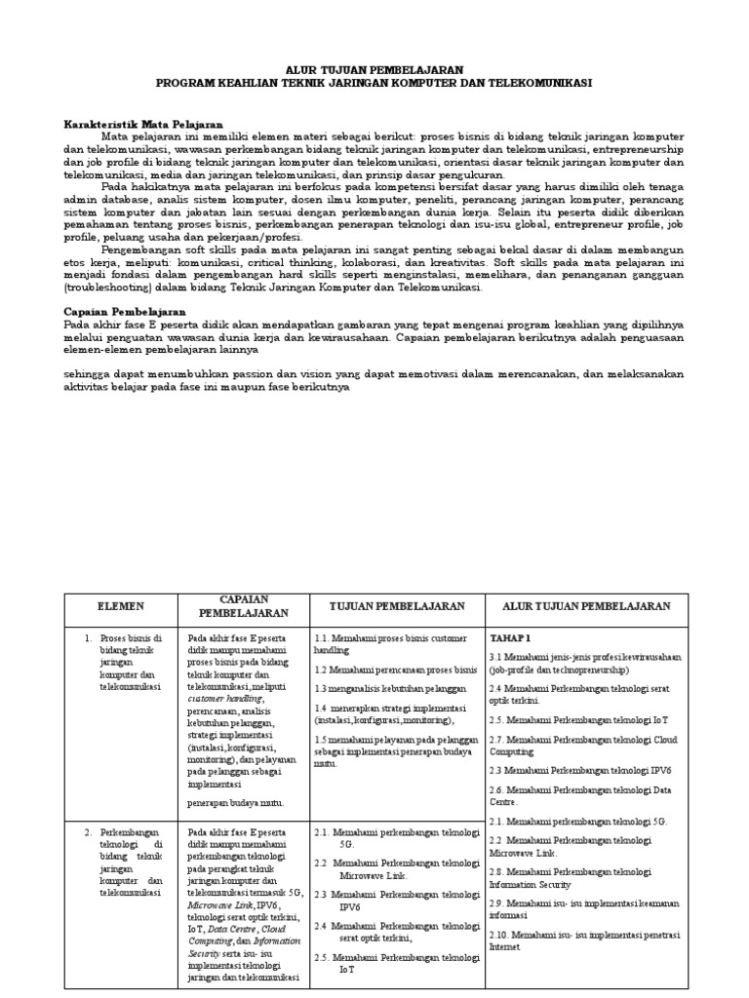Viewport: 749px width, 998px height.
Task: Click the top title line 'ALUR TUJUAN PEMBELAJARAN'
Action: point(374,70)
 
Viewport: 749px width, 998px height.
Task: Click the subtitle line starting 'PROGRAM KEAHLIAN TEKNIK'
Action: point(374,84)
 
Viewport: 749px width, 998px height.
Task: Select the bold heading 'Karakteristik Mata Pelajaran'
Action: point(143,125)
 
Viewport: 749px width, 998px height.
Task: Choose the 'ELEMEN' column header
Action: point(120,606)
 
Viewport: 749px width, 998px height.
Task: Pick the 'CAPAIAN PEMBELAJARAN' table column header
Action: point(244,605)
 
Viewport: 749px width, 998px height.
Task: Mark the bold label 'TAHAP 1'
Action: point(509,636)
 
